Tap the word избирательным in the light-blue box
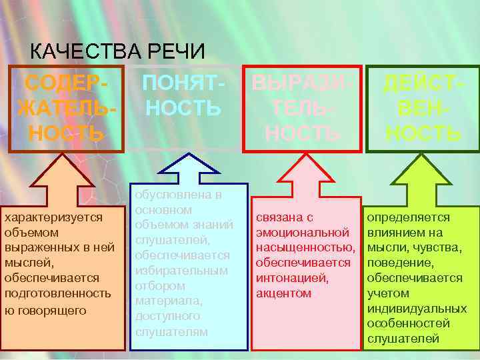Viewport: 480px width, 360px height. click(x=181, y=271)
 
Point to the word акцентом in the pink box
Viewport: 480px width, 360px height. click(x=283, y=293)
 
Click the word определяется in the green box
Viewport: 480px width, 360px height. click(x=408, y=217)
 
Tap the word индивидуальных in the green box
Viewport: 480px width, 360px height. click(x=417, y=309)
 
